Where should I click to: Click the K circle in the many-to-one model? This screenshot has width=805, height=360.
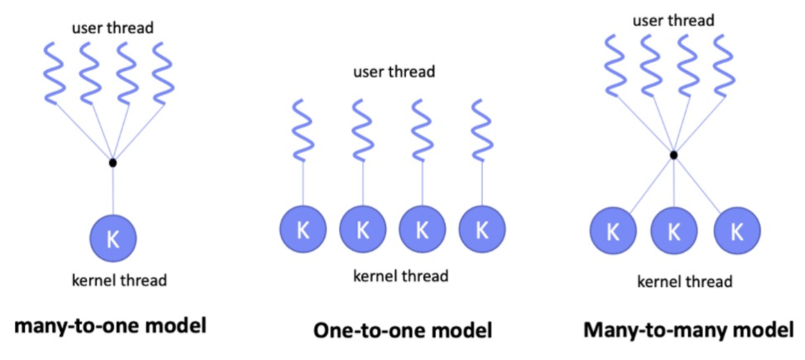113,239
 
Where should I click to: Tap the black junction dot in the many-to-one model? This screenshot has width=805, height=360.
112,162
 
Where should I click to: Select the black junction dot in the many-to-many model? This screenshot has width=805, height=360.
674,155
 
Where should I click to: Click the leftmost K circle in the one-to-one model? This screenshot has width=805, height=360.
303,230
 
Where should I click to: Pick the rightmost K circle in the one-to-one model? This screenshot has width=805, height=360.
482,230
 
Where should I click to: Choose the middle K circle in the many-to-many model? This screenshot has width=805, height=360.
674,231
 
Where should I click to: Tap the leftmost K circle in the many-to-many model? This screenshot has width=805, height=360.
613,231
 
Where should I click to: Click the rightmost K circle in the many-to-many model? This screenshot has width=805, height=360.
737,231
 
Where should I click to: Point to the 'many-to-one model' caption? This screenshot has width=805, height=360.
110,326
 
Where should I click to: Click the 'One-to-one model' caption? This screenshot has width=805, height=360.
402,330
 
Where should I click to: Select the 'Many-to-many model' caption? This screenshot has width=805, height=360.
688,330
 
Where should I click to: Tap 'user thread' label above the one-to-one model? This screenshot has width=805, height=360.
394,72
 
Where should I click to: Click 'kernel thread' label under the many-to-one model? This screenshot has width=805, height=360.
119,280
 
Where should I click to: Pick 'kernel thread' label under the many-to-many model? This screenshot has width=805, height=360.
685,281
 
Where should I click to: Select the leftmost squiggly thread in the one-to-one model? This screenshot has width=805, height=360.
303,129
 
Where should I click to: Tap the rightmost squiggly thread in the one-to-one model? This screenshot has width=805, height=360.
482,129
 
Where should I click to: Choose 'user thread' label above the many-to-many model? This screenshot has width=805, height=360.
673,21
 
